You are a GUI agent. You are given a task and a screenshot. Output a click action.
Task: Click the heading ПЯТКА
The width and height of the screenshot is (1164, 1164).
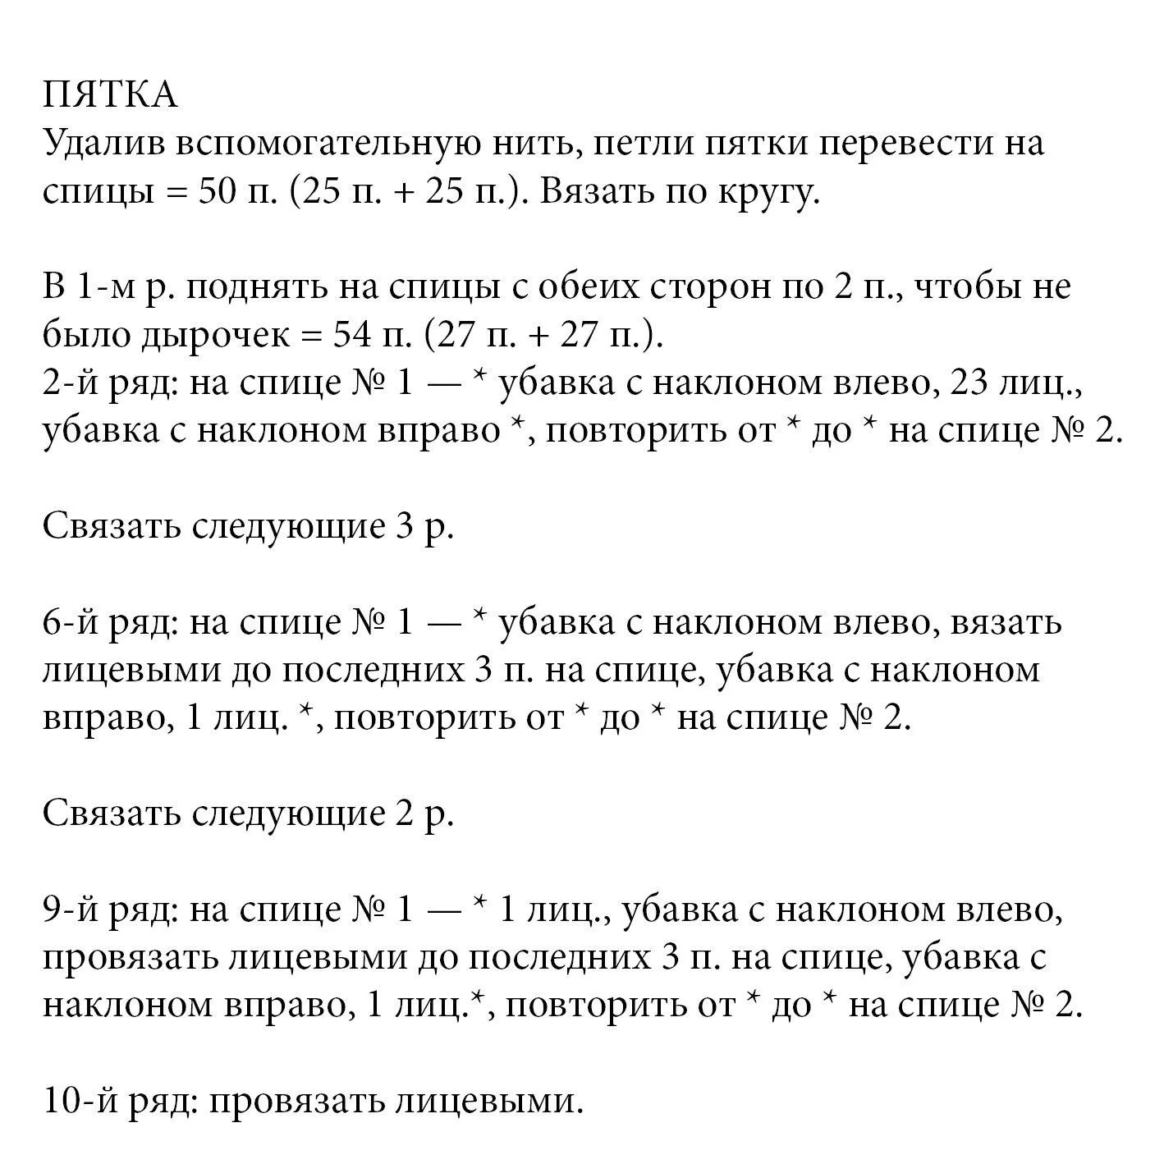click(x=110, y=95)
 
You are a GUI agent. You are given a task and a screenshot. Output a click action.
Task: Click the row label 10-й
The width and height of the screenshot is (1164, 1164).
click(x=80, y=1102)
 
